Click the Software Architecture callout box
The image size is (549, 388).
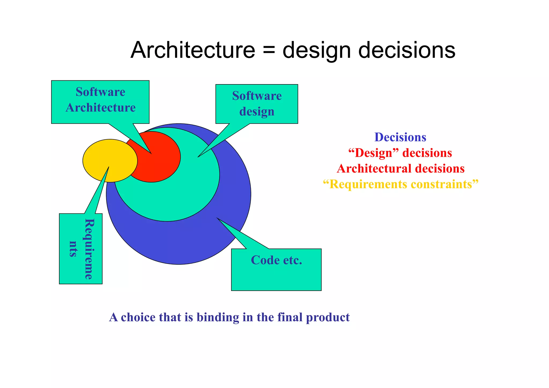[x=100, y=100]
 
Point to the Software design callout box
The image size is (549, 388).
[x=257, y=104]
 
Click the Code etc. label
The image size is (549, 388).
[x=276, y=260]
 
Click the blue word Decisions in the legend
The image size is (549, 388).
[x=400, y=137]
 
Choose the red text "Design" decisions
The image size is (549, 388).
[x=400, y=153]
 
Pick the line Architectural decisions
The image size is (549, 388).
[x=400, y=169]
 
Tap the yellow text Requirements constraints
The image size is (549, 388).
[x=400, y=184]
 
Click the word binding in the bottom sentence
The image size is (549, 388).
[x=218, y=317]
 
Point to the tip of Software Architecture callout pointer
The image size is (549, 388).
[x=151, y=154]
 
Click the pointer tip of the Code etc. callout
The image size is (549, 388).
[x=217, y=218]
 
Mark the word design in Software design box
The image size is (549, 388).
[x=257, y=112]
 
